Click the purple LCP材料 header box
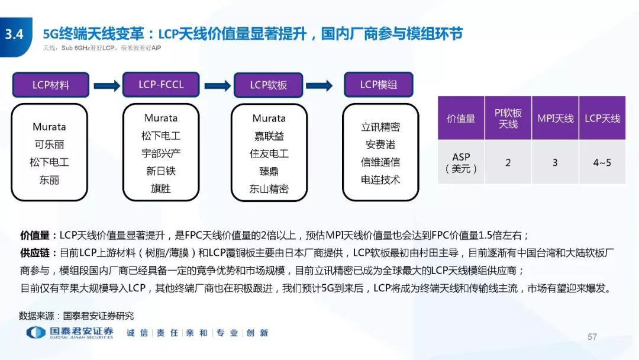(x=50, y=85)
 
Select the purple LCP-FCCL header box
(x=161, y=85)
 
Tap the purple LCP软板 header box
(x=268, y=85)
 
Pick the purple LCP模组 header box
(x=379, y=85)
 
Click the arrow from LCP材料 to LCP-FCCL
(x=106, y=86)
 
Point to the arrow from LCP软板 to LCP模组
(x=319, y=86)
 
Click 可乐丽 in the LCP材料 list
(x=49, y=144)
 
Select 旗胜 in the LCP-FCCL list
(x=161, y=188)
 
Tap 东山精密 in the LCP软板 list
(x=269, y=189)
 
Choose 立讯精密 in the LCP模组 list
(x=380, y=127)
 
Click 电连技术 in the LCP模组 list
(x=380, y=180)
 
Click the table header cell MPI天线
(x=555, y=118)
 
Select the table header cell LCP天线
(x=602, y=118)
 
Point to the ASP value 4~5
(x=602, y=163)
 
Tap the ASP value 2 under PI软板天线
(x=508, y=163)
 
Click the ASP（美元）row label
(x=461, y=163)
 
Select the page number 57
(x=592, y=337)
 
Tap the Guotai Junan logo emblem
(x=36, y=333)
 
